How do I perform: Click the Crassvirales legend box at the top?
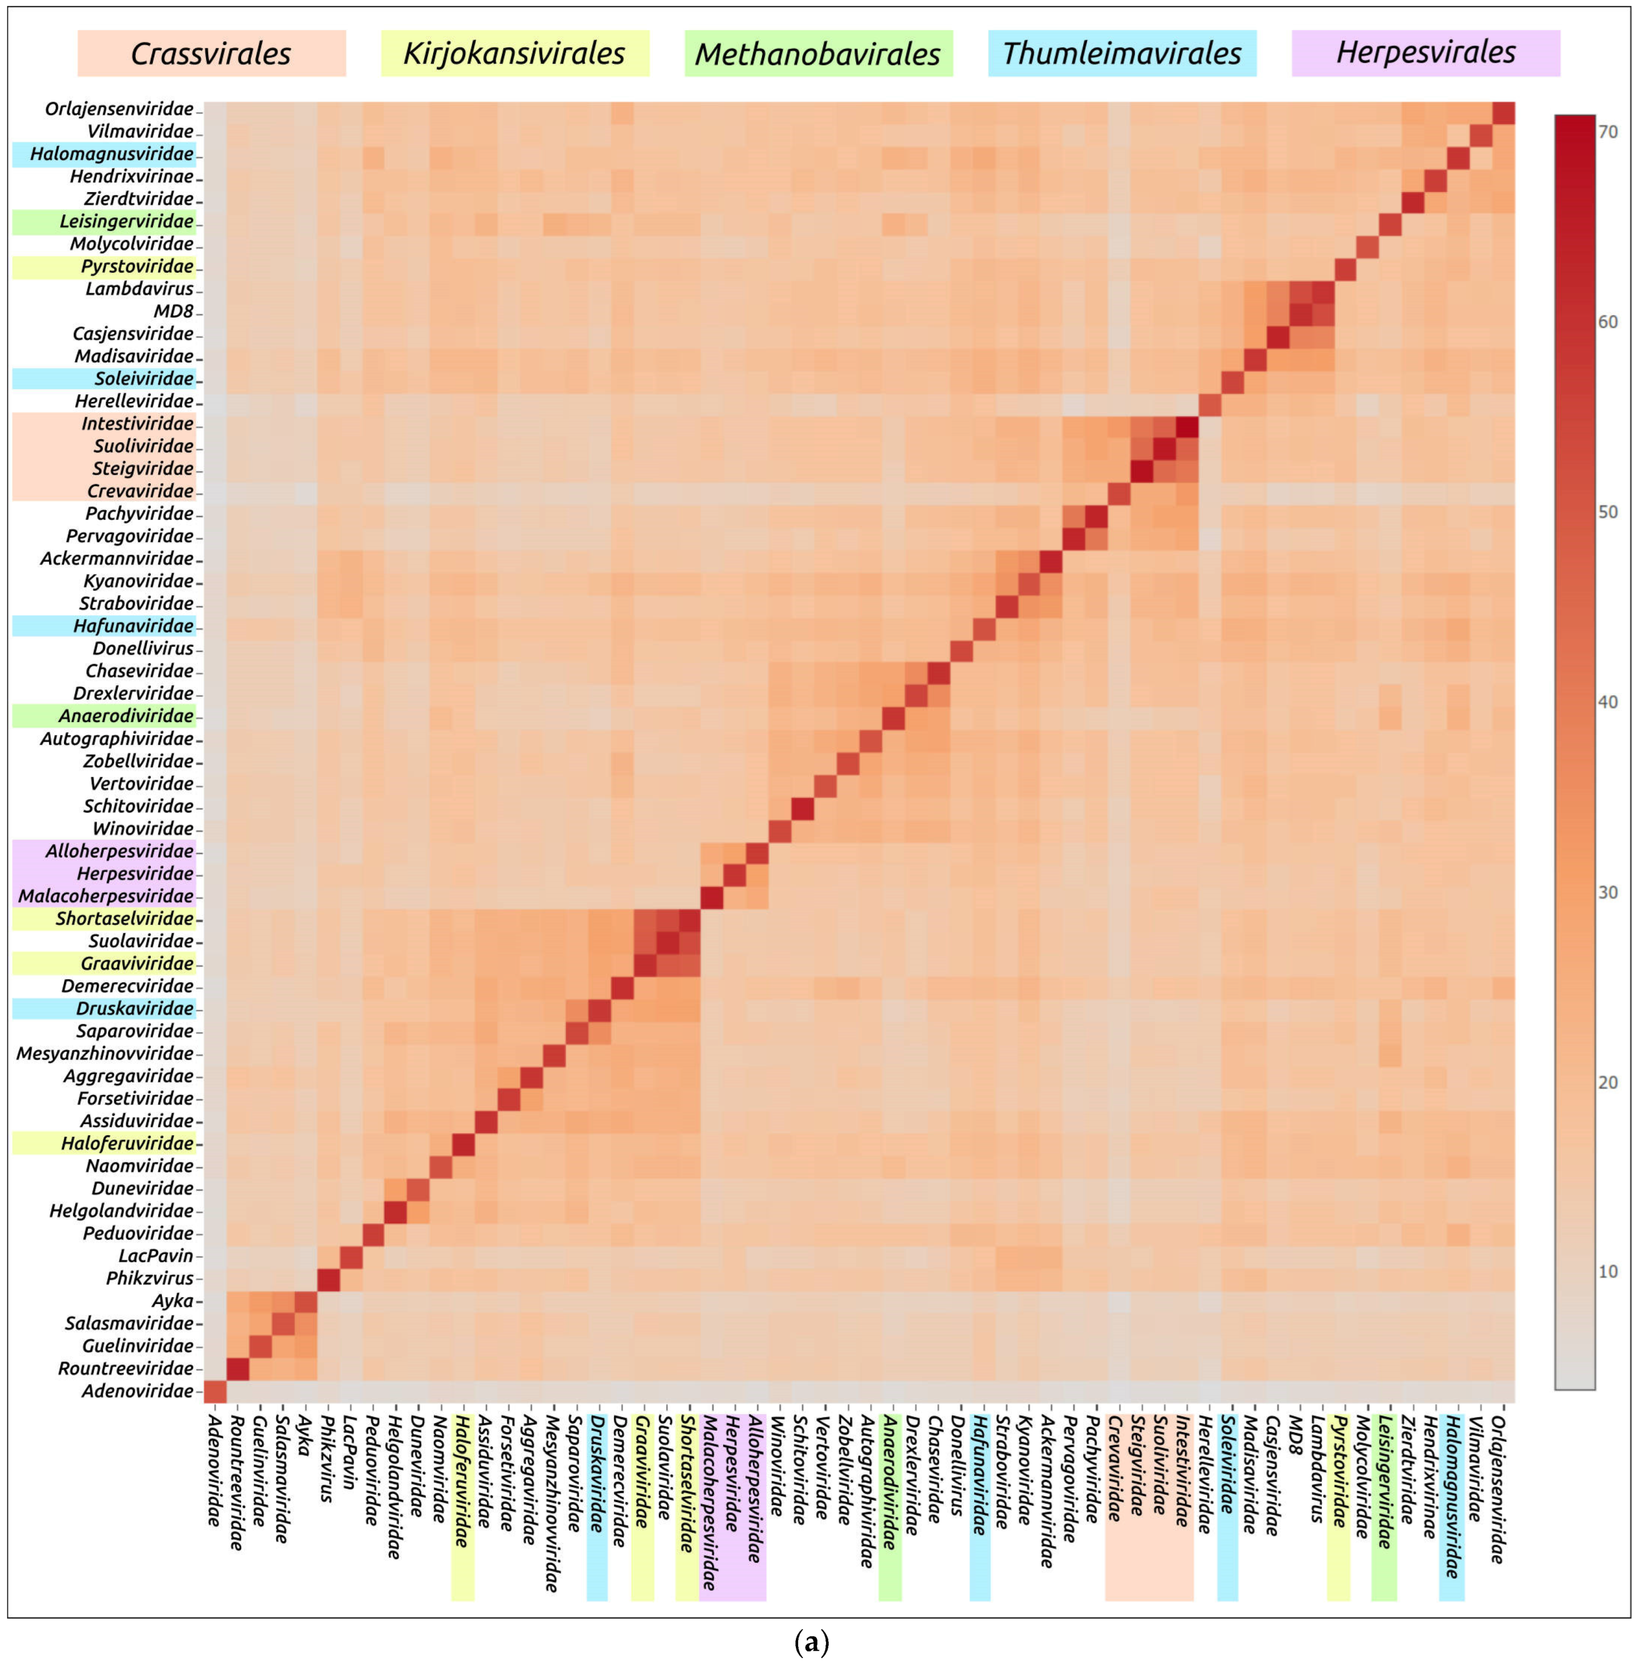pyautogui.click(x=211, y=53)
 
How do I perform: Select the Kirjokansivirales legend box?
pyautogui.click(x=514, y=53)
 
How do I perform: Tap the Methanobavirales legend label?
pyautogui.click(x=818, y=53)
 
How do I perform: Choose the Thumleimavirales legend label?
pyautogui.click(x=1122, y=53)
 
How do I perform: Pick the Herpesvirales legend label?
pyautogui.click(x=1425, y=53)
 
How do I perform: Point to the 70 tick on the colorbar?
pyautogui.click(x=1607, y=132)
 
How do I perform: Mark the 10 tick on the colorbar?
pyautogui.click(x=1607, y=1271)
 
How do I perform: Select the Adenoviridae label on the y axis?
pyautogui.click(x=138, y=1391)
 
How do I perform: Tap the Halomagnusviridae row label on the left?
pyautogui.click(x=112, y=154)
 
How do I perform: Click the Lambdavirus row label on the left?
pyautogui.click(x=139, y=289)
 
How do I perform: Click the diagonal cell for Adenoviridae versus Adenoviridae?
pyautogui.click(x=215, y=1391)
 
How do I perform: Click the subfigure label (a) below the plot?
pyautogui.click(x=812, y=1641)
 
